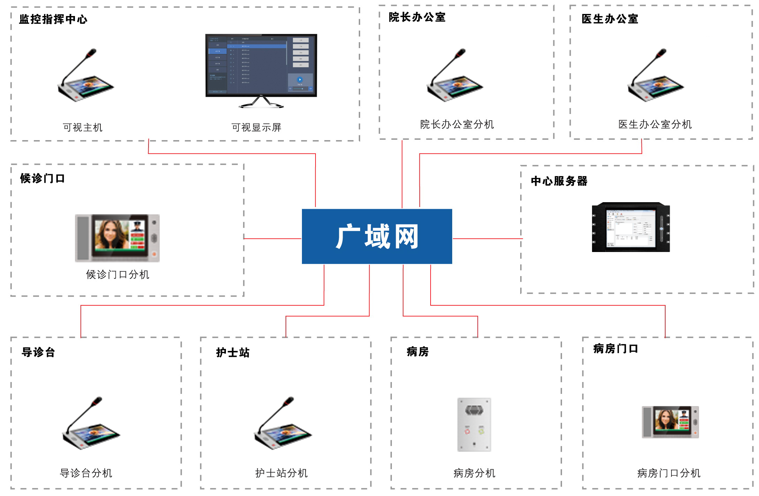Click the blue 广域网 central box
[x=377, y=236]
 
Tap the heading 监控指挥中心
[x=53, y=19]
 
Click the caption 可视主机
[x=83, y=128]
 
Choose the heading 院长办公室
[x=417, y=17]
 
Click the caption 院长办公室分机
[x=457, y=124]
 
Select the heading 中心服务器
[x=559, y=181]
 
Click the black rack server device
[x=631, y=227]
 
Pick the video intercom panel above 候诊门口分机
[x=117, y=238]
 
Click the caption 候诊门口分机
[x=117, y=275]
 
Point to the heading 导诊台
[x=38, y=352]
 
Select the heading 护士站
[x=233, y=352]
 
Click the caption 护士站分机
[x=281, y=473]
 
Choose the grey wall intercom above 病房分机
[x=474, y=425]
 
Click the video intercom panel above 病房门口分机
[x=670, y=422]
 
